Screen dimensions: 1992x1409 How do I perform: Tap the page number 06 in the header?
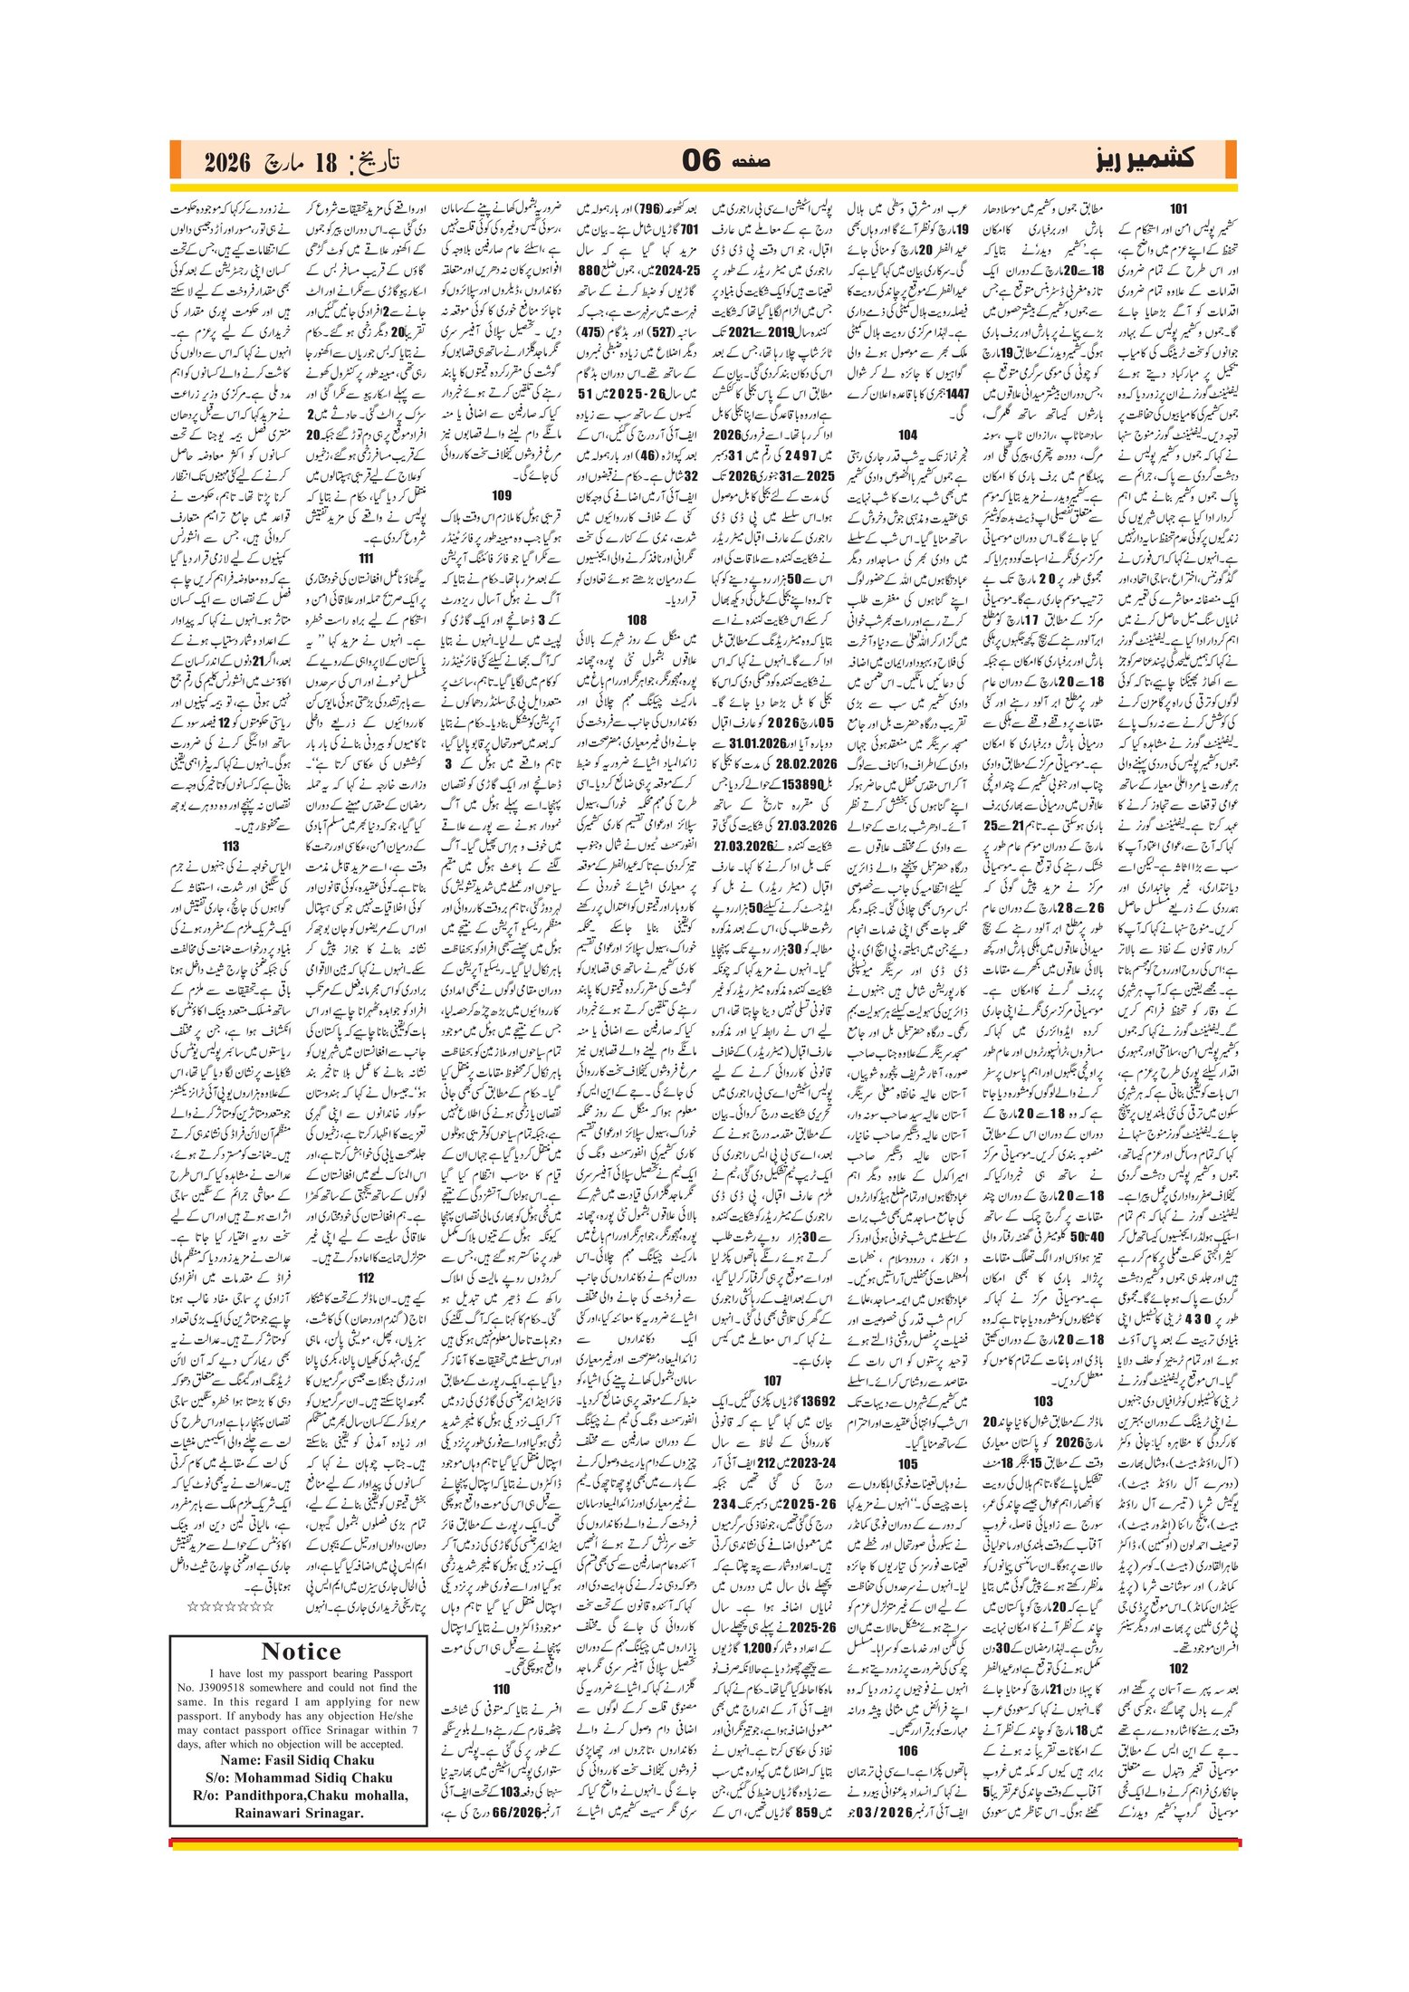tap(701, 161)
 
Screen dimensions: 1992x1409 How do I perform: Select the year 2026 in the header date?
tap(226, 163)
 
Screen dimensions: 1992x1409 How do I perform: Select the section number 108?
tap(637, 620)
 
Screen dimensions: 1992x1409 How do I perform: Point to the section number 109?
tap(503, 495)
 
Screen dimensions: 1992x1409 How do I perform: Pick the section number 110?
tap(503, 1689)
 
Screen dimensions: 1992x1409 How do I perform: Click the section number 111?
tap(367, 559)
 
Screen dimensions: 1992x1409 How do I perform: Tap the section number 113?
tap(231, 847)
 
